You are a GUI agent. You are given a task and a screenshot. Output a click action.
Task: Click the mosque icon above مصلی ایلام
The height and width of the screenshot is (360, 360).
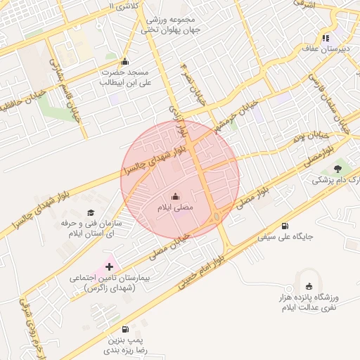175,196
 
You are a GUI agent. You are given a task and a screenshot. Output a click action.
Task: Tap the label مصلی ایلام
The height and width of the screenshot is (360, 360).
175,209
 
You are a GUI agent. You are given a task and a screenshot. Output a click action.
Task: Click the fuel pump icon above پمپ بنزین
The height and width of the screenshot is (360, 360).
125,328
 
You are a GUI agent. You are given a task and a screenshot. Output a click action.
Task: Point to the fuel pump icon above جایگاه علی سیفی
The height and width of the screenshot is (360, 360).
285,226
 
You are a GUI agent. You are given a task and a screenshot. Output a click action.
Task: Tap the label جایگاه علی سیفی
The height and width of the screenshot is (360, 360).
284,238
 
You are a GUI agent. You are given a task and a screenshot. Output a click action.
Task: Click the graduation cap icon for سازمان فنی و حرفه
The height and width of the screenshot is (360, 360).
90,212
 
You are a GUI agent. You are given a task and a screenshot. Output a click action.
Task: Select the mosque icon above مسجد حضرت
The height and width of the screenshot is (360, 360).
125,61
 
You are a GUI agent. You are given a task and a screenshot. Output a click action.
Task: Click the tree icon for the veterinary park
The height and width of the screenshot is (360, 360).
338,169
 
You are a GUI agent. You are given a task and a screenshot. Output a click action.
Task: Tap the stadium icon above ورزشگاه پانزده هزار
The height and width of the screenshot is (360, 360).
309,286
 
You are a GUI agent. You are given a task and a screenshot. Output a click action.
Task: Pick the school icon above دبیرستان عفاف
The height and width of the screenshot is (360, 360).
326,38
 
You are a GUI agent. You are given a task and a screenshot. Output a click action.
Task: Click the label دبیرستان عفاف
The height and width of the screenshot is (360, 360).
326,50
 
